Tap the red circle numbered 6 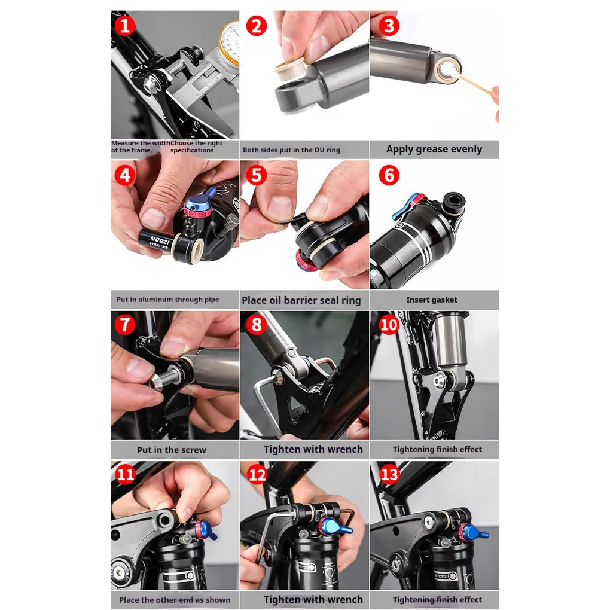[x=389, y=175]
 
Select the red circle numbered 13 [x=389, y=475]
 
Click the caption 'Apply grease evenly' [x=434, y=150]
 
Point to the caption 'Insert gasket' [x=432, y=300]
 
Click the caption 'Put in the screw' [x=171, y=450]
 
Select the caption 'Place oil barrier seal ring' [x=301, y=300]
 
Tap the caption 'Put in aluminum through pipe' [x=168, y=300]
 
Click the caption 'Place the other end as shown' [x=175, y=600]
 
